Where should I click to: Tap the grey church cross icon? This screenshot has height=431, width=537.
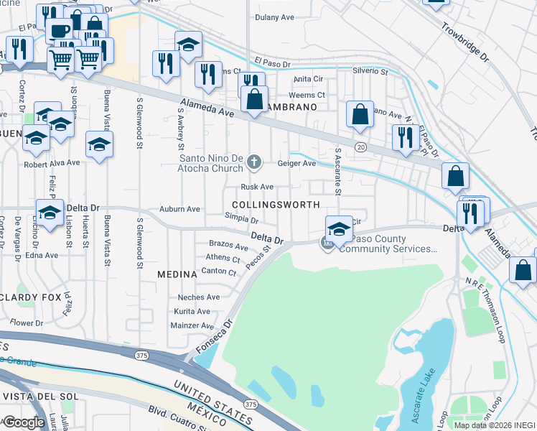point(253,162)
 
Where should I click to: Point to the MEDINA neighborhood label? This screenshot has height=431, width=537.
point(177,274)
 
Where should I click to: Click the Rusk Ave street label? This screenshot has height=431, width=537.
point(257,187)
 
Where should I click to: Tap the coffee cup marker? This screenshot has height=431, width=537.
point(59,30)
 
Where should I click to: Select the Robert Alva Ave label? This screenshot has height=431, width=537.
point(52,163)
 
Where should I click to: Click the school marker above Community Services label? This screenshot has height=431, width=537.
point(339,230)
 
